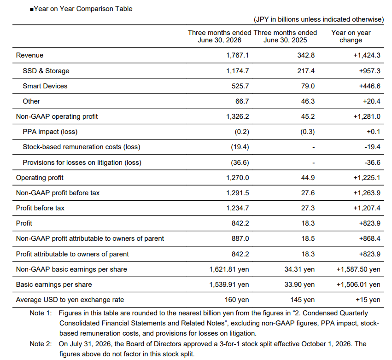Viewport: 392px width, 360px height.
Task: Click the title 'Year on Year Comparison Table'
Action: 83,9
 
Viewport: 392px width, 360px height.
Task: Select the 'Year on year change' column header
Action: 351,36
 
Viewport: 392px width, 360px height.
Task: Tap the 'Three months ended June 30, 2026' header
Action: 220,36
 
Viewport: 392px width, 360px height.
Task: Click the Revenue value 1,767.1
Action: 238,55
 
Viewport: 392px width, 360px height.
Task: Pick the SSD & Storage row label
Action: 46,71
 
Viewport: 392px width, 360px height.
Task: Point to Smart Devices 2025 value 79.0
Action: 308,86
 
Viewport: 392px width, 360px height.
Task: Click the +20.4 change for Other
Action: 371,101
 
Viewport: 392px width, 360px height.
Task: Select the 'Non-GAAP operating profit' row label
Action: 57,116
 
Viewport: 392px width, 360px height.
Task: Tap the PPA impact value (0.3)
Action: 308,132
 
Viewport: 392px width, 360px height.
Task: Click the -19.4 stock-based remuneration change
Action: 372,147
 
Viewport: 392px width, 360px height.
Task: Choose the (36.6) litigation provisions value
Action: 240,163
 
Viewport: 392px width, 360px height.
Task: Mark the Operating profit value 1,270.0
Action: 238,178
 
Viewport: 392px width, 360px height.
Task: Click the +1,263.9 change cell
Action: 367,193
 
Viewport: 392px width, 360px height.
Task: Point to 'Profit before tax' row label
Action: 40,208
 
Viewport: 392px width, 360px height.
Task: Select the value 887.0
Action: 240,238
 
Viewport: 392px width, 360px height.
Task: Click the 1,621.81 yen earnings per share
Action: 229,269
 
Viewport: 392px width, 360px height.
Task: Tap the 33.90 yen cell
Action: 299,285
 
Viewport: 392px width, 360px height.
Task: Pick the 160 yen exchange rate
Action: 237,300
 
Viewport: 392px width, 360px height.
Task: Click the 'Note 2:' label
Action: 41,344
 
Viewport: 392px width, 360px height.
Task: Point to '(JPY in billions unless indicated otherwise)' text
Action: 319,19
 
